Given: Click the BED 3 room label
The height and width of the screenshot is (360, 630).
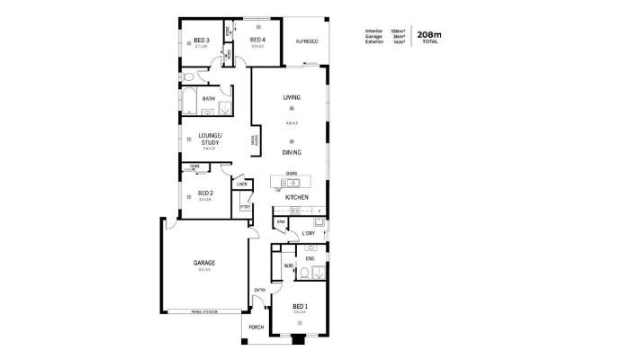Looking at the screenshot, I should pyautogui.click(x=202, y=40).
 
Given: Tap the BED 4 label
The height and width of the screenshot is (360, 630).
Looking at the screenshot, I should pyautogui.click(x=257, y=40).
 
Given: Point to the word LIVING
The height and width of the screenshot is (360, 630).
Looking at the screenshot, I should pyautogui.click(x=292, y=97).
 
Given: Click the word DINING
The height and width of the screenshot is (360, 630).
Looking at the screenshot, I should pyautogui.click(x=292, y=153).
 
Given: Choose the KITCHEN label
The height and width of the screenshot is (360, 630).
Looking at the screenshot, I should pyautogui.click(x=298, y=197).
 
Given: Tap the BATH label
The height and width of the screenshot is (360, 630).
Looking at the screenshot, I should pyautogui.click(x=208, y=98).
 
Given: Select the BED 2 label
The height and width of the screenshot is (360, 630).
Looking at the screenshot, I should pyautogui.click(x=205, y=193).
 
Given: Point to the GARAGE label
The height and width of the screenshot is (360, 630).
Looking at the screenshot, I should pyautogui.click(x=204, y=263).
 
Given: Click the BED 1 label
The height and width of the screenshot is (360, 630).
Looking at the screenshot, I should pyautogui.click(x=300, y=306).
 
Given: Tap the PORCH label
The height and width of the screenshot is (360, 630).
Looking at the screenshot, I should pyautogui.click(x=256, y=327).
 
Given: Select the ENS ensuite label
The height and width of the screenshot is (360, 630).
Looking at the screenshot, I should pyautogui.click(x=310, y=259).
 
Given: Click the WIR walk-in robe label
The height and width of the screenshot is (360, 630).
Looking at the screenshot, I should pyautogui.click(x=289, y=266).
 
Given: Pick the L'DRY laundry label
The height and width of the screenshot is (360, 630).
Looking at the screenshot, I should pyautogui.click(x=309, y=233).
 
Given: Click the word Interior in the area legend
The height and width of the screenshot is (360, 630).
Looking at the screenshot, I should pyautogui.click(x=373, y=31).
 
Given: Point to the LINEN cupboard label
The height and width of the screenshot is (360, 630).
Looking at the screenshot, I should pyautogui.click(x=241, y=184).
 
